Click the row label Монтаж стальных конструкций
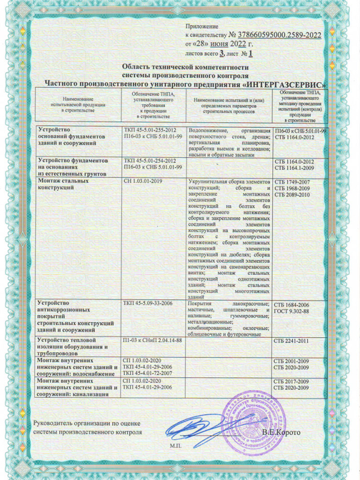[x=61, y=184]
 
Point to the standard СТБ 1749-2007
[x=292, y=181]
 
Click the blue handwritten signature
[x=192, y=430]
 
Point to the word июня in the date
[x=223, y=44]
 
